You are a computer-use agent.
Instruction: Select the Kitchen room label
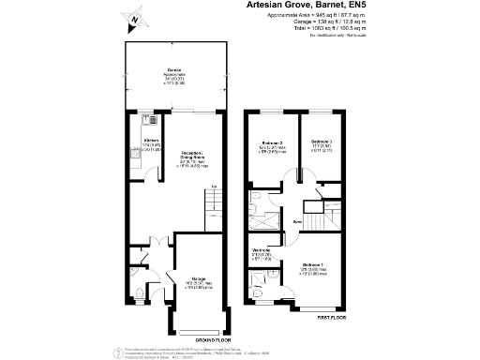pyautogui.click(x=149, y=141)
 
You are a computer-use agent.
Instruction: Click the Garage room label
pyautogui.click(x=198, y=279)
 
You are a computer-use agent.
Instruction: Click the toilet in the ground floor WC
pyautogui.click(x=139, y=302)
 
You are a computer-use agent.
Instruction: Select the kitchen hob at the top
pyautogui.click(x=149, y=120)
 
